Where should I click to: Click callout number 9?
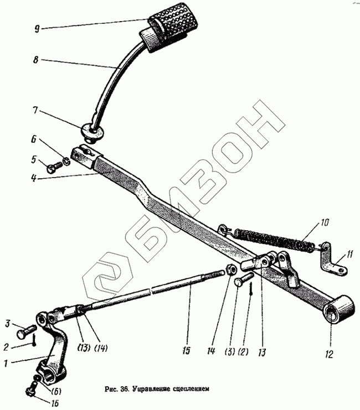tap(37, 28)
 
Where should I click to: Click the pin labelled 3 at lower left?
tap(25, 334)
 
